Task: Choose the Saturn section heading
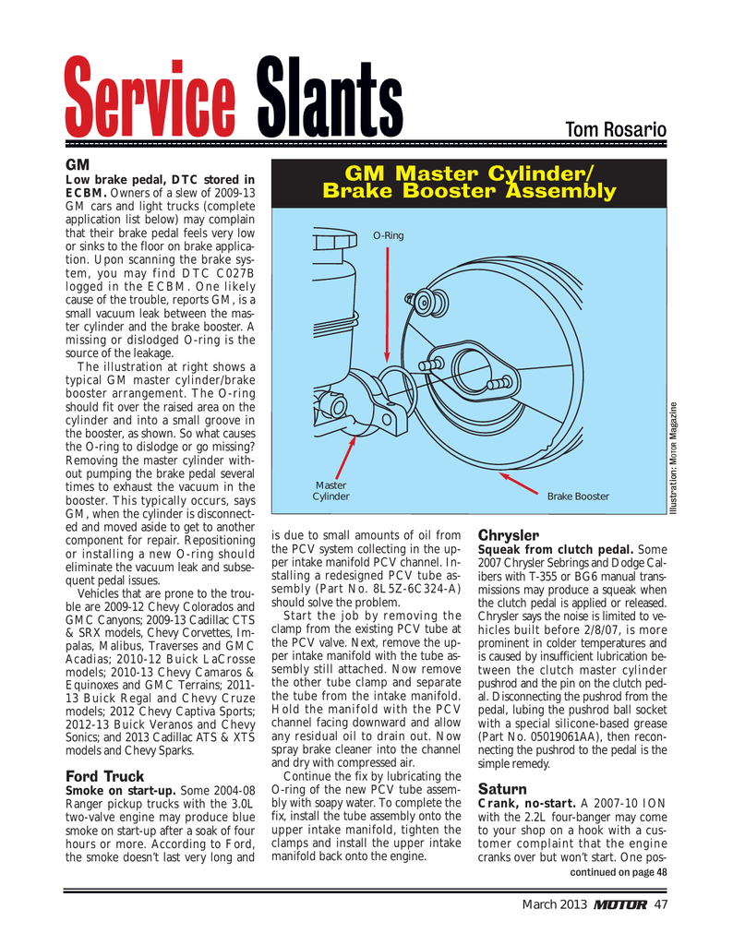tap(501, 789)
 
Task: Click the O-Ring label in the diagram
tap(388, 236)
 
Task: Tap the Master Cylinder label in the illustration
tap(330, 490)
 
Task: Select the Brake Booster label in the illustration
tap(578, 496)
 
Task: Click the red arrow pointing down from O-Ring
tap(388, 305)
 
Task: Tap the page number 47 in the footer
tap(661, 903)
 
